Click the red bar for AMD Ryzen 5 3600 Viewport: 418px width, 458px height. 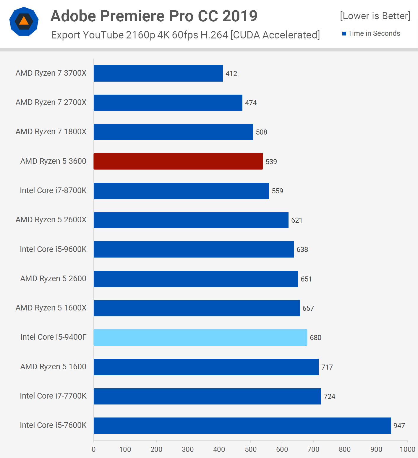[178, 161]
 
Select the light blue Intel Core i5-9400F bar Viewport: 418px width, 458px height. [200, 337]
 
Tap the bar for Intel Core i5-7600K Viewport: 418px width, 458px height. [242, 425]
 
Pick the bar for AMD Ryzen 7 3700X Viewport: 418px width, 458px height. [158, 73]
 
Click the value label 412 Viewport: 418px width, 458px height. [231, 74]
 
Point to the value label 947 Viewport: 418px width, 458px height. [399, 426]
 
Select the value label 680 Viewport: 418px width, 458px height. [315, 338]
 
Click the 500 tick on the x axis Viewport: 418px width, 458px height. [250, 449]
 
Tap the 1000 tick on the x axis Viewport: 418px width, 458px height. [407, 449]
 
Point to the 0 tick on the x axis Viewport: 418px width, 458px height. [94, 449]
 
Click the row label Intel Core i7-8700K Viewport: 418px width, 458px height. [53, 190]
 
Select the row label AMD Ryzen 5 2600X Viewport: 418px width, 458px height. [51, 220]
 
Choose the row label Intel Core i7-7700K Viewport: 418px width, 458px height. [53, 396]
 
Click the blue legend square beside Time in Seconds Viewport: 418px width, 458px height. [344, 34]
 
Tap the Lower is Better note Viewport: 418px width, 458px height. [375, 16]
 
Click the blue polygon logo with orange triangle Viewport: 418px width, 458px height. [24, 21]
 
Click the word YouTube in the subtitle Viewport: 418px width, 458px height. [103, 35]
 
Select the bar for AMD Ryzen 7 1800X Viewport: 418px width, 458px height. [173, 132]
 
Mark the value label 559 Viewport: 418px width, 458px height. [277, 191]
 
